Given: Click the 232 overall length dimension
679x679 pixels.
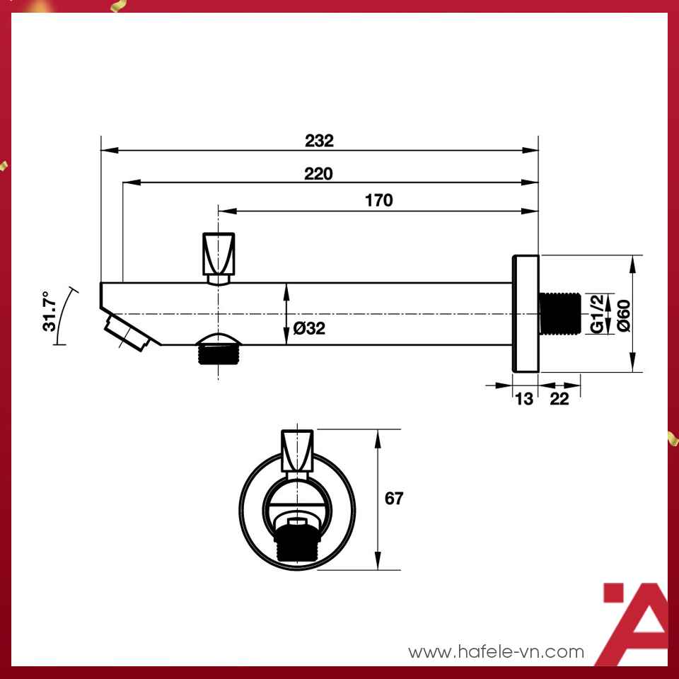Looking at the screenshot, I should [x=319, y=140].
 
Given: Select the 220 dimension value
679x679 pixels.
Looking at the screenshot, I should [x=318, y=173].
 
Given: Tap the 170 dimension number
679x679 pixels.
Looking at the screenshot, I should [x=378, y=200].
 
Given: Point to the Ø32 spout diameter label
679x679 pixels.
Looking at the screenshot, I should [x=309, y=328].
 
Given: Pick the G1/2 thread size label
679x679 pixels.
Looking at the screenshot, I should [x=598, y=313].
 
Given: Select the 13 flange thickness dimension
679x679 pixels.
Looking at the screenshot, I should [x=524, y=399].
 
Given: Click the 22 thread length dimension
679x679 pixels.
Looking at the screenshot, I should [x=559, y=399].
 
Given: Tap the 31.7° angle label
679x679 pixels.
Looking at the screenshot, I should [x=49, y=311].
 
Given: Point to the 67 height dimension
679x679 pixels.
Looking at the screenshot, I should [x=394, y=499].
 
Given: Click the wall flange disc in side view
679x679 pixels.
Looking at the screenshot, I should [x=525, y=313].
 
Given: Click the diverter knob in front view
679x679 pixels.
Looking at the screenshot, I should [x=296, y=450].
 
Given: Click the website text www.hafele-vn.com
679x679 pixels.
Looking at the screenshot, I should [x=497, y=651].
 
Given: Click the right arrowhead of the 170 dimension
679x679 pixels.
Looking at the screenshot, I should [x=530, y=210].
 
